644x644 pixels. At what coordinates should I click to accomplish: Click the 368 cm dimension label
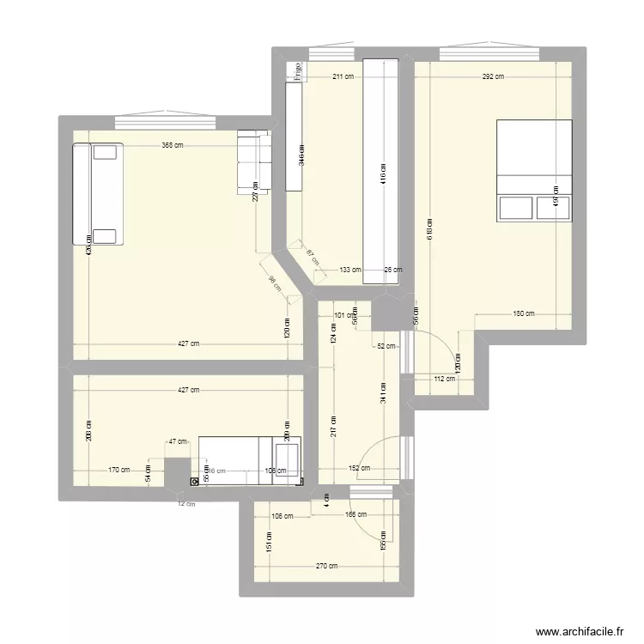coord(172,145)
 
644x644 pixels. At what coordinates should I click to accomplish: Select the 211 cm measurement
coord(343,76)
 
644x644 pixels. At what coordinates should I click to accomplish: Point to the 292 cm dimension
coord(492,76)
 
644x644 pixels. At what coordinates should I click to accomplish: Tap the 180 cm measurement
coord(523,313)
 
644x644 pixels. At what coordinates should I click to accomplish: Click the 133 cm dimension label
coord(349,270)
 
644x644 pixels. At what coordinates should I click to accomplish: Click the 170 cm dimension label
coord(119,470)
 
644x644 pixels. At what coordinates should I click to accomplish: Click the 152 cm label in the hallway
coord(360,469)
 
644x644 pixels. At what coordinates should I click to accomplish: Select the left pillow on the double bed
coord(515,209)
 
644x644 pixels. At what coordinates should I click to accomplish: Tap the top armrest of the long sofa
coord(106,152)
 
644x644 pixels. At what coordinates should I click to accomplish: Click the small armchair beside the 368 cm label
coord(252,161)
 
